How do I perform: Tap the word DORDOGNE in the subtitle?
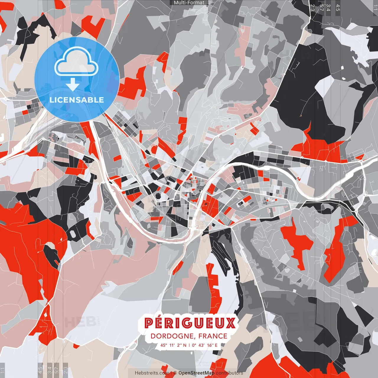pyautogui.click(x=173, y=336)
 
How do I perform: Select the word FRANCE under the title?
pyautogui.click(x=213, y=336)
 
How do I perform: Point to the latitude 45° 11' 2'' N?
pyautogui.click(x=173, y=345)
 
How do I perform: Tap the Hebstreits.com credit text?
pyautogui.click(x=152, y=373)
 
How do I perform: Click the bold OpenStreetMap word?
pyautogui.click(x=196, y=373)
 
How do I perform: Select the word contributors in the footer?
pyautogui.click(x=229, y=373)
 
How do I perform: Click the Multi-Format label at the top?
pyautogui.click(x=189, y=3)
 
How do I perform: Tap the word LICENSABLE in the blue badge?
pyautogui.click(x=77, y=100)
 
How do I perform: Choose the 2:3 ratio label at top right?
pyautogui.click(x=312, y=8)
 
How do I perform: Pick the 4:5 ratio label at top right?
pyautogui.click(x=338, y=8)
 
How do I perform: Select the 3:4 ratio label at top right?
pyautogui.click(x=329, y=8)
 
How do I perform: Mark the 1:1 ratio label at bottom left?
pyautogui.click(x=3, y=370)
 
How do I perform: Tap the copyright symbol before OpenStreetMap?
pyautogui.click(x=175, y=373)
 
